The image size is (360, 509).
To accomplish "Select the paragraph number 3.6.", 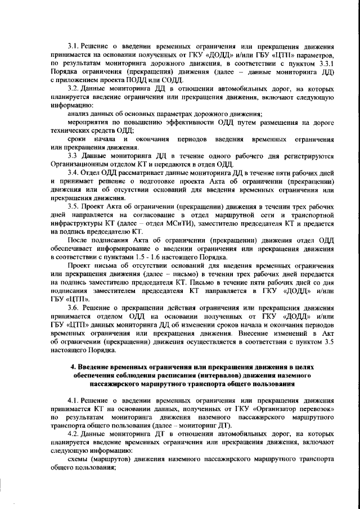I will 73,308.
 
